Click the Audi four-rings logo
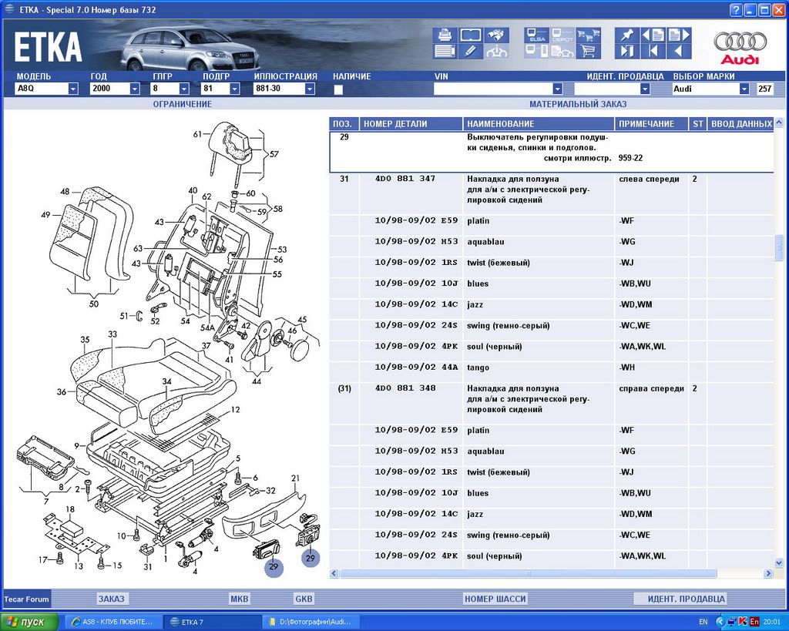740,42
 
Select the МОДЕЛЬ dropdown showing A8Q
46,89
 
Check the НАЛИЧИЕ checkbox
338,89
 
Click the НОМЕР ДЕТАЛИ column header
394,124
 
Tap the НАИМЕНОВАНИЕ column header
500,124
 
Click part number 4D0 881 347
405,179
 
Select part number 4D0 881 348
405,388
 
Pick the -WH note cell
626,368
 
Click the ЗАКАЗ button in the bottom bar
112,599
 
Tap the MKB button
240,599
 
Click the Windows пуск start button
29,622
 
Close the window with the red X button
779,9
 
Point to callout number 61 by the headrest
198,134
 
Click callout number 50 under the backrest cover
94,304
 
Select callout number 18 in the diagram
70,509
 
